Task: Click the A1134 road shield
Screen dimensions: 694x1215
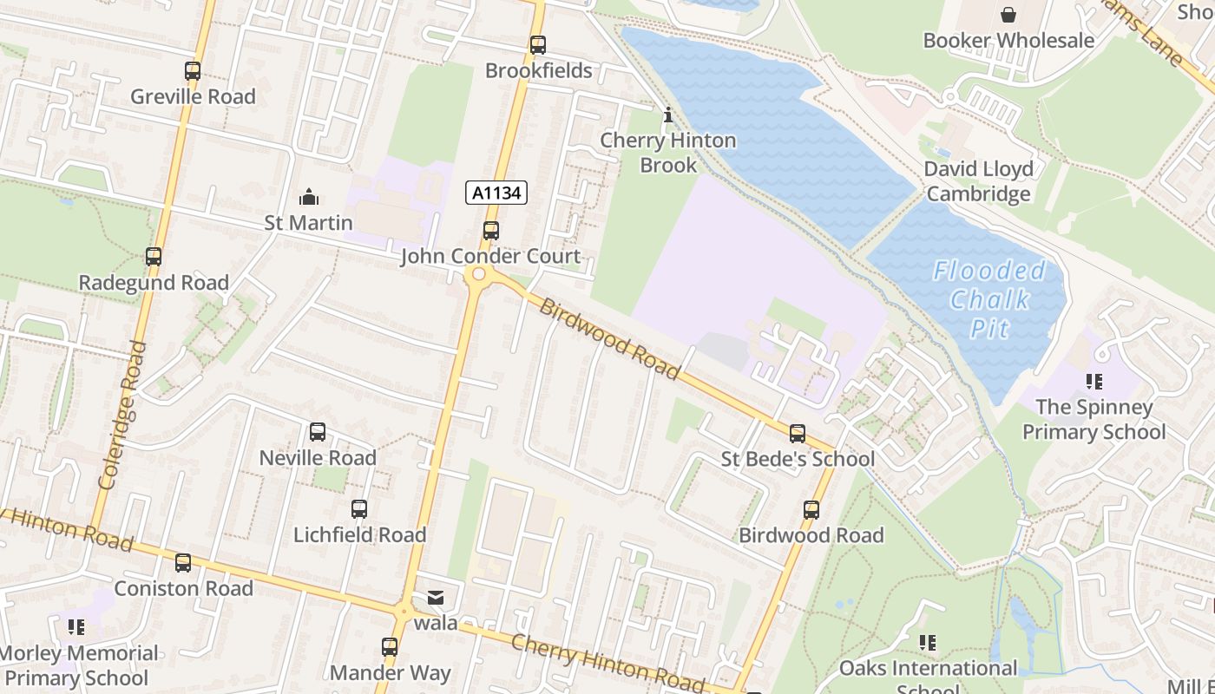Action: (496, 193)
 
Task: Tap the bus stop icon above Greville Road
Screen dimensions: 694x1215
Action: (193, 71)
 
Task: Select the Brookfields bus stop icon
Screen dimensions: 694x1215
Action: (538, 45)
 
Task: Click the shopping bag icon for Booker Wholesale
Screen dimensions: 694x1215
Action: (1008, 15)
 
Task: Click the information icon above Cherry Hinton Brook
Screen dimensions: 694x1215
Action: (667, 115)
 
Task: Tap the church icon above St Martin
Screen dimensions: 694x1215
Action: (308, 198)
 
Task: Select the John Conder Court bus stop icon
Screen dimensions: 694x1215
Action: (491, 231)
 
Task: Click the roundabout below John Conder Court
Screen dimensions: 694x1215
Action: (476, 277)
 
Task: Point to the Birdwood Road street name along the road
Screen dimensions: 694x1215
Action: (609, 339)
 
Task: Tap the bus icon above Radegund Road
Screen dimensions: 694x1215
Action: (154, 257)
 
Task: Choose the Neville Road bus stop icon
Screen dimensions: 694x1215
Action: (318, 432)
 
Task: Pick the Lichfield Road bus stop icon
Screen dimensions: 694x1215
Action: (359, 509)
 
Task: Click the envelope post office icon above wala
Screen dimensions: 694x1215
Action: (435, 598)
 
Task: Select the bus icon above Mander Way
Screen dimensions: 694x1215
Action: (390, 647)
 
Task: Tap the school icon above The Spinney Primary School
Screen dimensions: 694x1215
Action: (1093, 382)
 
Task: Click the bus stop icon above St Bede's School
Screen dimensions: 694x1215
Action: (798, 433)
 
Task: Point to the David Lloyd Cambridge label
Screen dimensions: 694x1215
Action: (978, 180)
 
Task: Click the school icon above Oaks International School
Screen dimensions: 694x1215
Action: (928, 643)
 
